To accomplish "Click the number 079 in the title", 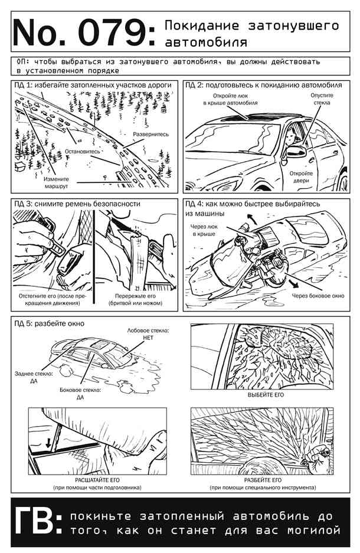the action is [x=113, y=33].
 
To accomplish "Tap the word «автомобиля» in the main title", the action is [x=206, y=42].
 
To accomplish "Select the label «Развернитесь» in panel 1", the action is [x=151, y=135].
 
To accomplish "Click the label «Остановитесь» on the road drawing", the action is [x=83, y=151].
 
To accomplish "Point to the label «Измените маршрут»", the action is [x=57, y=182].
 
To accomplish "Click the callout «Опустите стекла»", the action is [x=322, y=99].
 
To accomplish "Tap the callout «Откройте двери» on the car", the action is [x=301, y=177].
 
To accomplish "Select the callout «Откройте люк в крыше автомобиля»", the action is [x=230, y=100].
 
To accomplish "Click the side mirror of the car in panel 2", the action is [x=296, y=151].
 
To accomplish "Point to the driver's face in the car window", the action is [x=291, y=135].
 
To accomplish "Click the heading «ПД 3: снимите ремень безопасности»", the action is [x=77, y=204].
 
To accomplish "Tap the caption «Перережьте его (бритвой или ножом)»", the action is [x=135, y=300].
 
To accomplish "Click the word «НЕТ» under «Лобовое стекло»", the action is [x=149, y=338].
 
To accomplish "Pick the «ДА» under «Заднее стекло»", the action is [x=34, y=381].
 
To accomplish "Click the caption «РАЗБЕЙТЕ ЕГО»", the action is [x=263, y=480].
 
